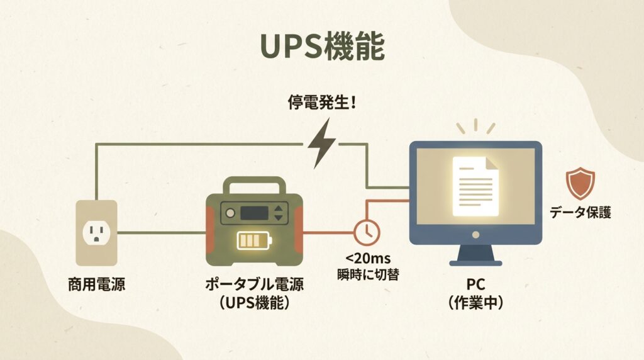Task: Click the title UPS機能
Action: tap(321, 47)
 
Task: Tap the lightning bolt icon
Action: tap(321, 144)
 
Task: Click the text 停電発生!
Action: tap(321, 103)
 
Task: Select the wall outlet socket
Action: tap(96, 232)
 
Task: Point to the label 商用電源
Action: tap(96, 284)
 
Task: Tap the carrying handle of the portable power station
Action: tap(255, 186)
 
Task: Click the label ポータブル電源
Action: tap(255, 284)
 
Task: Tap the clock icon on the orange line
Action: tap(366, 232)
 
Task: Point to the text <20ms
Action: tap(367, 259)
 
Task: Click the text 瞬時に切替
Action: tap(368, 274)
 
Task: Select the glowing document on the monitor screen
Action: tap(475, 186)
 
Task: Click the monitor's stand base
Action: tap(475, 259)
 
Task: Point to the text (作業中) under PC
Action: tap(475, 302)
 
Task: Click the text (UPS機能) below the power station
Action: tap(255, 303)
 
